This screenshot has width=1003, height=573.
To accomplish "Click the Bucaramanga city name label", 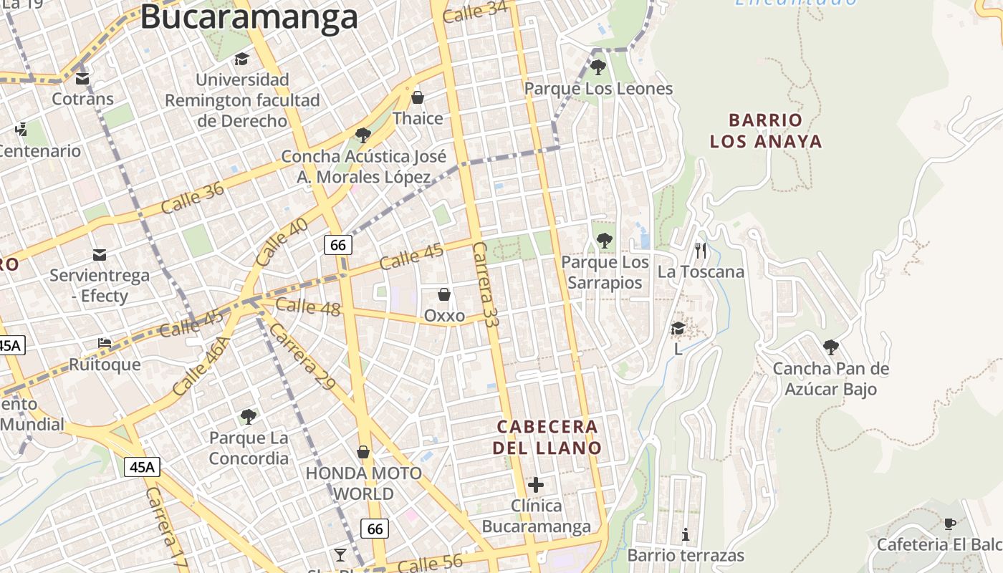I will point(249,17).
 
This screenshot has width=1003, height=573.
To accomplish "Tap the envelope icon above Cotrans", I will point(82,78).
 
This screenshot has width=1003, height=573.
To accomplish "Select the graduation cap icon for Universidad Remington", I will point(242,59).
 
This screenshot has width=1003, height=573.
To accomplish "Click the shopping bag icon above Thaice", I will point(418,97).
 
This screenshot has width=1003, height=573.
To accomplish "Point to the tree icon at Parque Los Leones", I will point(598,67).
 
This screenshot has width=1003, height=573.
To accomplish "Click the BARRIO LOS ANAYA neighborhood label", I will point(766,130).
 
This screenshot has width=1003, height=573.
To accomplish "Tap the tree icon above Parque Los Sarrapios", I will point(605,241).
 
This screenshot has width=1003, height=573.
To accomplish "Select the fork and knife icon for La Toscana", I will point(701,251).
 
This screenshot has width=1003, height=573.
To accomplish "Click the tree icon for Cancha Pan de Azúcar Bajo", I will point(831,348).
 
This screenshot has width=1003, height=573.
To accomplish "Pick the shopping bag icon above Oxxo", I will point(444,294).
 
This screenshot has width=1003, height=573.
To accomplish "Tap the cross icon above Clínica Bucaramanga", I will point(536,485).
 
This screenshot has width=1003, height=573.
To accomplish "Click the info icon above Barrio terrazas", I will point(686,534).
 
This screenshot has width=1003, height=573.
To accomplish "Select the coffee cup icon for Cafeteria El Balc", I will point(950,524).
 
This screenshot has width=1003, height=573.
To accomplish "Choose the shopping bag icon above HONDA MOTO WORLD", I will point(363,452).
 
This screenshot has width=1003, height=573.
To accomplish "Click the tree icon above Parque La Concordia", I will point(249,416).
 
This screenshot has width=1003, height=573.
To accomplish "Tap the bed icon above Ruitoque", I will point(105,343).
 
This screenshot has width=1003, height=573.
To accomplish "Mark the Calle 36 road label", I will point(193,198).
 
